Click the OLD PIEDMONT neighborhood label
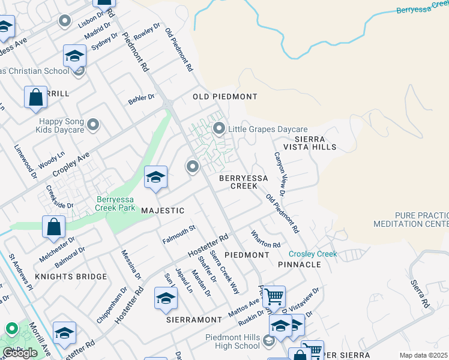click(224, 97)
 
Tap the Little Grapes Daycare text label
click(268, 129)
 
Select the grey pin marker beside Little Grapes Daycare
click(219, 128)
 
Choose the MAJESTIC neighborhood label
click(162, 211)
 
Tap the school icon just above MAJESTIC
click(155, 178)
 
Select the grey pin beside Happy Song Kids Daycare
click(92, 125)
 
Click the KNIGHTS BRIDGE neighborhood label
click(71, 277)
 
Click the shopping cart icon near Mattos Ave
click(274, 296)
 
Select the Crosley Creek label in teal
click(313, 254)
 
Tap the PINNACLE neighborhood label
click(300, 264)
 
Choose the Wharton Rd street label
click(266, 240)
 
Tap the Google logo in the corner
click(20, 352)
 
